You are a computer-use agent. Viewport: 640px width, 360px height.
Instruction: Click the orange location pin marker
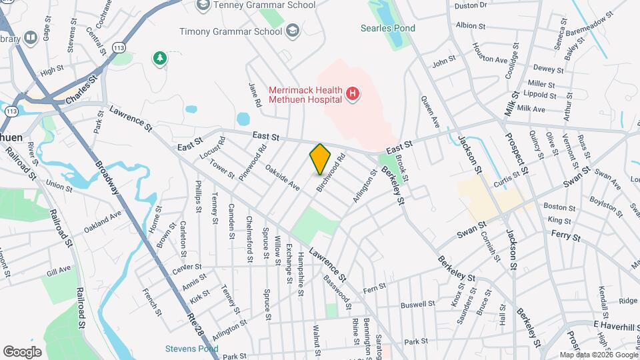tap(321, 159)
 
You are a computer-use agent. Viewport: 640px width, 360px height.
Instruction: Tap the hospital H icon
tap(353, 95)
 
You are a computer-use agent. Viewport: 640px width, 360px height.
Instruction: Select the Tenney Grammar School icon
tap(203, 5)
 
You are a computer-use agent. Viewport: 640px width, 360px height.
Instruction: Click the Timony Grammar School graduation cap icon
tap(292, 31)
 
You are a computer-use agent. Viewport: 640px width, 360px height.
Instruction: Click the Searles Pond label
tap(387, 28)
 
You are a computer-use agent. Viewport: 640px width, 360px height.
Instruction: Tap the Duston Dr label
tap(471, 5)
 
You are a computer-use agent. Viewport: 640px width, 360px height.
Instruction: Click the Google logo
tap(23, 351)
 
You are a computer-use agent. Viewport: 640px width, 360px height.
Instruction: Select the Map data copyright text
tap(599, 355)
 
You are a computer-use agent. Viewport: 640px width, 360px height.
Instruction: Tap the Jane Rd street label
tap(253, 95)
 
